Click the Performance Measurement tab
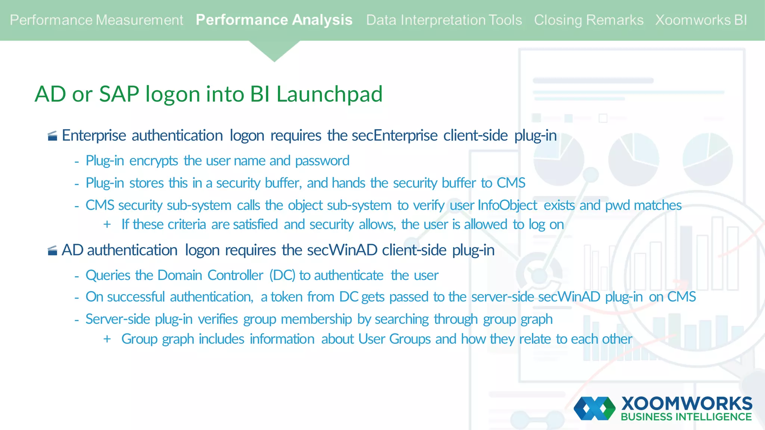pos(96,20)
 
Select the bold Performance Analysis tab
pos(274,20)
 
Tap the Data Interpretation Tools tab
pos(444,20)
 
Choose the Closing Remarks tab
pos(589,20)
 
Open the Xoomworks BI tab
pos(701,20)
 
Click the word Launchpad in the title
pos(329,94)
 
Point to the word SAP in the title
pos(119,94)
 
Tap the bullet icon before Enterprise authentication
pos(53,136)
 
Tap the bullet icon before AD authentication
pos(53,251)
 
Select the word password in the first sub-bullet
pos(322,161)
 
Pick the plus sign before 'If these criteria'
pos(107,224)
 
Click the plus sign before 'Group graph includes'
pos(107,339)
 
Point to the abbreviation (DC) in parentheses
pos(282,275)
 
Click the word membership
pos(316,320)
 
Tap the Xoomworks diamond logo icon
pos(594,408)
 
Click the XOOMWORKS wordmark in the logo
pos(687,403)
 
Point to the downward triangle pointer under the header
pos(274,51)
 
